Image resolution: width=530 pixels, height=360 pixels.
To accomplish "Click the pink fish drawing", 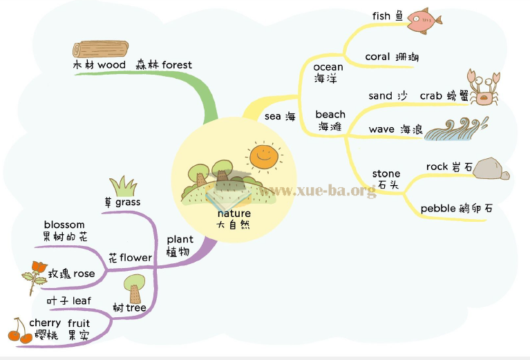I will click(x=423, y=20).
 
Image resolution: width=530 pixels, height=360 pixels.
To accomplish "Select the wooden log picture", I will click(x=100, y=49).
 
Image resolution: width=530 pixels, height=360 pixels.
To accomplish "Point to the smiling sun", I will click(x=263, y=156).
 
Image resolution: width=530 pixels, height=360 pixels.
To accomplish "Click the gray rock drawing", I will click(x=491, y=169).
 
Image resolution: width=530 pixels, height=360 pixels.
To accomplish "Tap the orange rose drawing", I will click(x=36, y=273).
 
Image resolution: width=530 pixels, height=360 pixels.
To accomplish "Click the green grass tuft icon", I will click(x=123, y=187).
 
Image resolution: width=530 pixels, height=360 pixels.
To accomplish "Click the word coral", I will click(x=377, y=57).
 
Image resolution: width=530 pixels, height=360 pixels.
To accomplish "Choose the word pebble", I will click(x=438, y=208).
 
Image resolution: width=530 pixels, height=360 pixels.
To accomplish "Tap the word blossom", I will click(x=64, y=225).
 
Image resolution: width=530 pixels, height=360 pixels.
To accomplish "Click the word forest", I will click(x=177, y=65).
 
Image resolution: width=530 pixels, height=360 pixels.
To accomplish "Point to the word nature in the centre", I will click(x=234, y=214).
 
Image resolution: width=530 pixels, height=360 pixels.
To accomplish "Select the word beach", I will click(x=330, y=115).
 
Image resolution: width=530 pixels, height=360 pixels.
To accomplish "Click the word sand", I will click(x=380, y=96).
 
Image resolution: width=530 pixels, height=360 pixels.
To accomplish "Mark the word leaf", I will click(x=82, y=301).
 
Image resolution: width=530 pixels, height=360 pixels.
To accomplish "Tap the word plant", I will click(x=180, y=240).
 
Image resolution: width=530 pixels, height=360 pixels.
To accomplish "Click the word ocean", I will click(x=328, y=67).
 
